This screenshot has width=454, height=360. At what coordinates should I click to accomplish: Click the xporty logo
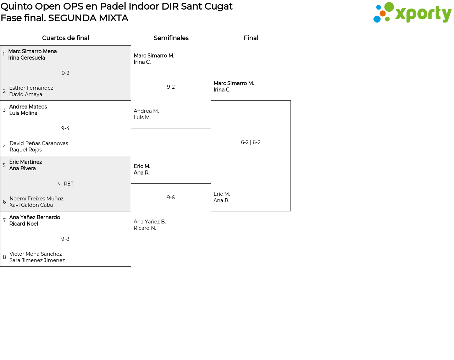click(412, 13)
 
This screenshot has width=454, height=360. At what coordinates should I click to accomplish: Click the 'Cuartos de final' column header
click(66, 38)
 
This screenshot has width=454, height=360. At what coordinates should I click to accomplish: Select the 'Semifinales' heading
click(171, 38)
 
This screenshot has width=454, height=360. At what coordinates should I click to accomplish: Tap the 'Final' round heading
click(251, 38)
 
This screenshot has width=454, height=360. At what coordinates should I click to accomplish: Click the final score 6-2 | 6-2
click(251, 142)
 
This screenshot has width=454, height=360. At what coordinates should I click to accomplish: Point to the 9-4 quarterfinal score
click(65, 128)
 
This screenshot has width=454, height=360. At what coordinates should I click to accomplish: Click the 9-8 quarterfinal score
click(65, 239)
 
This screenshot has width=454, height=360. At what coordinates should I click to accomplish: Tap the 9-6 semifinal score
click(171, 198)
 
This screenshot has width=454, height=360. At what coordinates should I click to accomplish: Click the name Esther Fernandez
click(31, 88)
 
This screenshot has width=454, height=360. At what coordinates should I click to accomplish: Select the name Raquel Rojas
click(26, 150)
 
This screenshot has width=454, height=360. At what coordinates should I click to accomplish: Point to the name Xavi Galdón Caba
click(31, 205)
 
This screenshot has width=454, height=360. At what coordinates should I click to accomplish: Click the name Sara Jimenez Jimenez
click(37, 260)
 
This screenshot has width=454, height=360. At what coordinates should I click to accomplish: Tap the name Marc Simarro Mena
click(33, 51)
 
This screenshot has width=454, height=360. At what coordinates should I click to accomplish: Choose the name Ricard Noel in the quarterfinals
click(23, 224)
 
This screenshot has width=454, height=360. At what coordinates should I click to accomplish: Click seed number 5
click(4, 165)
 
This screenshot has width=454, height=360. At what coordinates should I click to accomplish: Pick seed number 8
click(4, 257)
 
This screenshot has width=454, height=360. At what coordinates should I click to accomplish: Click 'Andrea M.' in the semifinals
click(146, 111)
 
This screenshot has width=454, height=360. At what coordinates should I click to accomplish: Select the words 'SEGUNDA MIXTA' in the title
click(88, 18)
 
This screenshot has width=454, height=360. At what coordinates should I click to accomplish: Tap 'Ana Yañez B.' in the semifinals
click(150, 222)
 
